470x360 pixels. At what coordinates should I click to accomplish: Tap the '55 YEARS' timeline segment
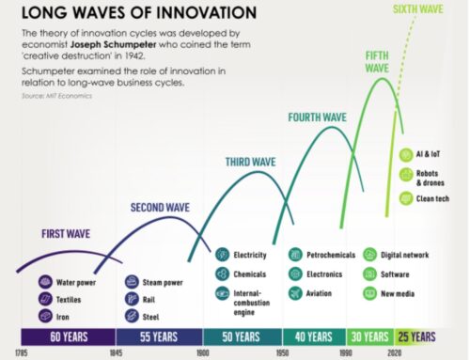click(x=159, y=337)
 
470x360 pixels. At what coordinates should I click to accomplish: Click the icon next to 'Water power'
click(x=44, y=280)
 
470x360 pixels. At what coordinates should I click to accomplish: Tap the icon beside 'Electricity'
click(x=222, y=254)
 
